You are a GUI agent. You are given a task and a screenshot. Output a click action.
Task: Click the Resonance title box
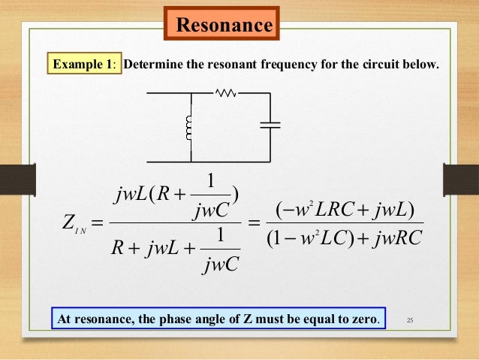click(222, 26)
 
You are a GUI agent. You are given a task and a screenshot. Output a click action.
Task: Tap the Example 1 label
click(83, 64)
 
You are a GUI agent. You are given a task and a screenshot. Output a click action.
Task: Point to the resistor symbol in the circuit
click(226, 93)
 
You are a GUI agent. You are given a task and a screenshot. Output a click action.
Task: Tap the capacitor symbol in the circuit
click(270, 126)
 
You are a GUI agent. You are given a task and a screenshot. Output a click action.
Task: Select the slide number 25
click(409, 321)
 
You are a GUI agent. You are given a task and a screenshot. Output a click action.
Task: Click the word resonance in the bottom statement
click(104, 319)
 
